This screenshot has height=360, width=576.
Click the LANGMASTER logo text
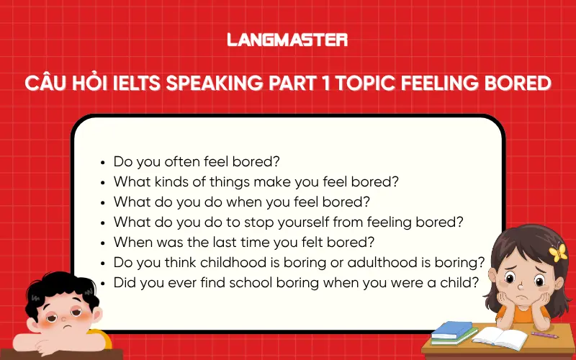tap(287, 40)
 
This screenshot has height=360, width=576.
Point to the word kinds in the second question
tap(166, 181)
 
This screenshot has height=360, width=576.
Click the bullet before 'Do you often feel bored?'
tap(105, 162)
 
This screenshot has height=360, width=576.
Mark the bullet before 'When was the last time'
tap(105, 243)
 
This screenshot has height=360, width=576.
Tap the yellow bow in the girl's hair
tap(558, 252)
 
